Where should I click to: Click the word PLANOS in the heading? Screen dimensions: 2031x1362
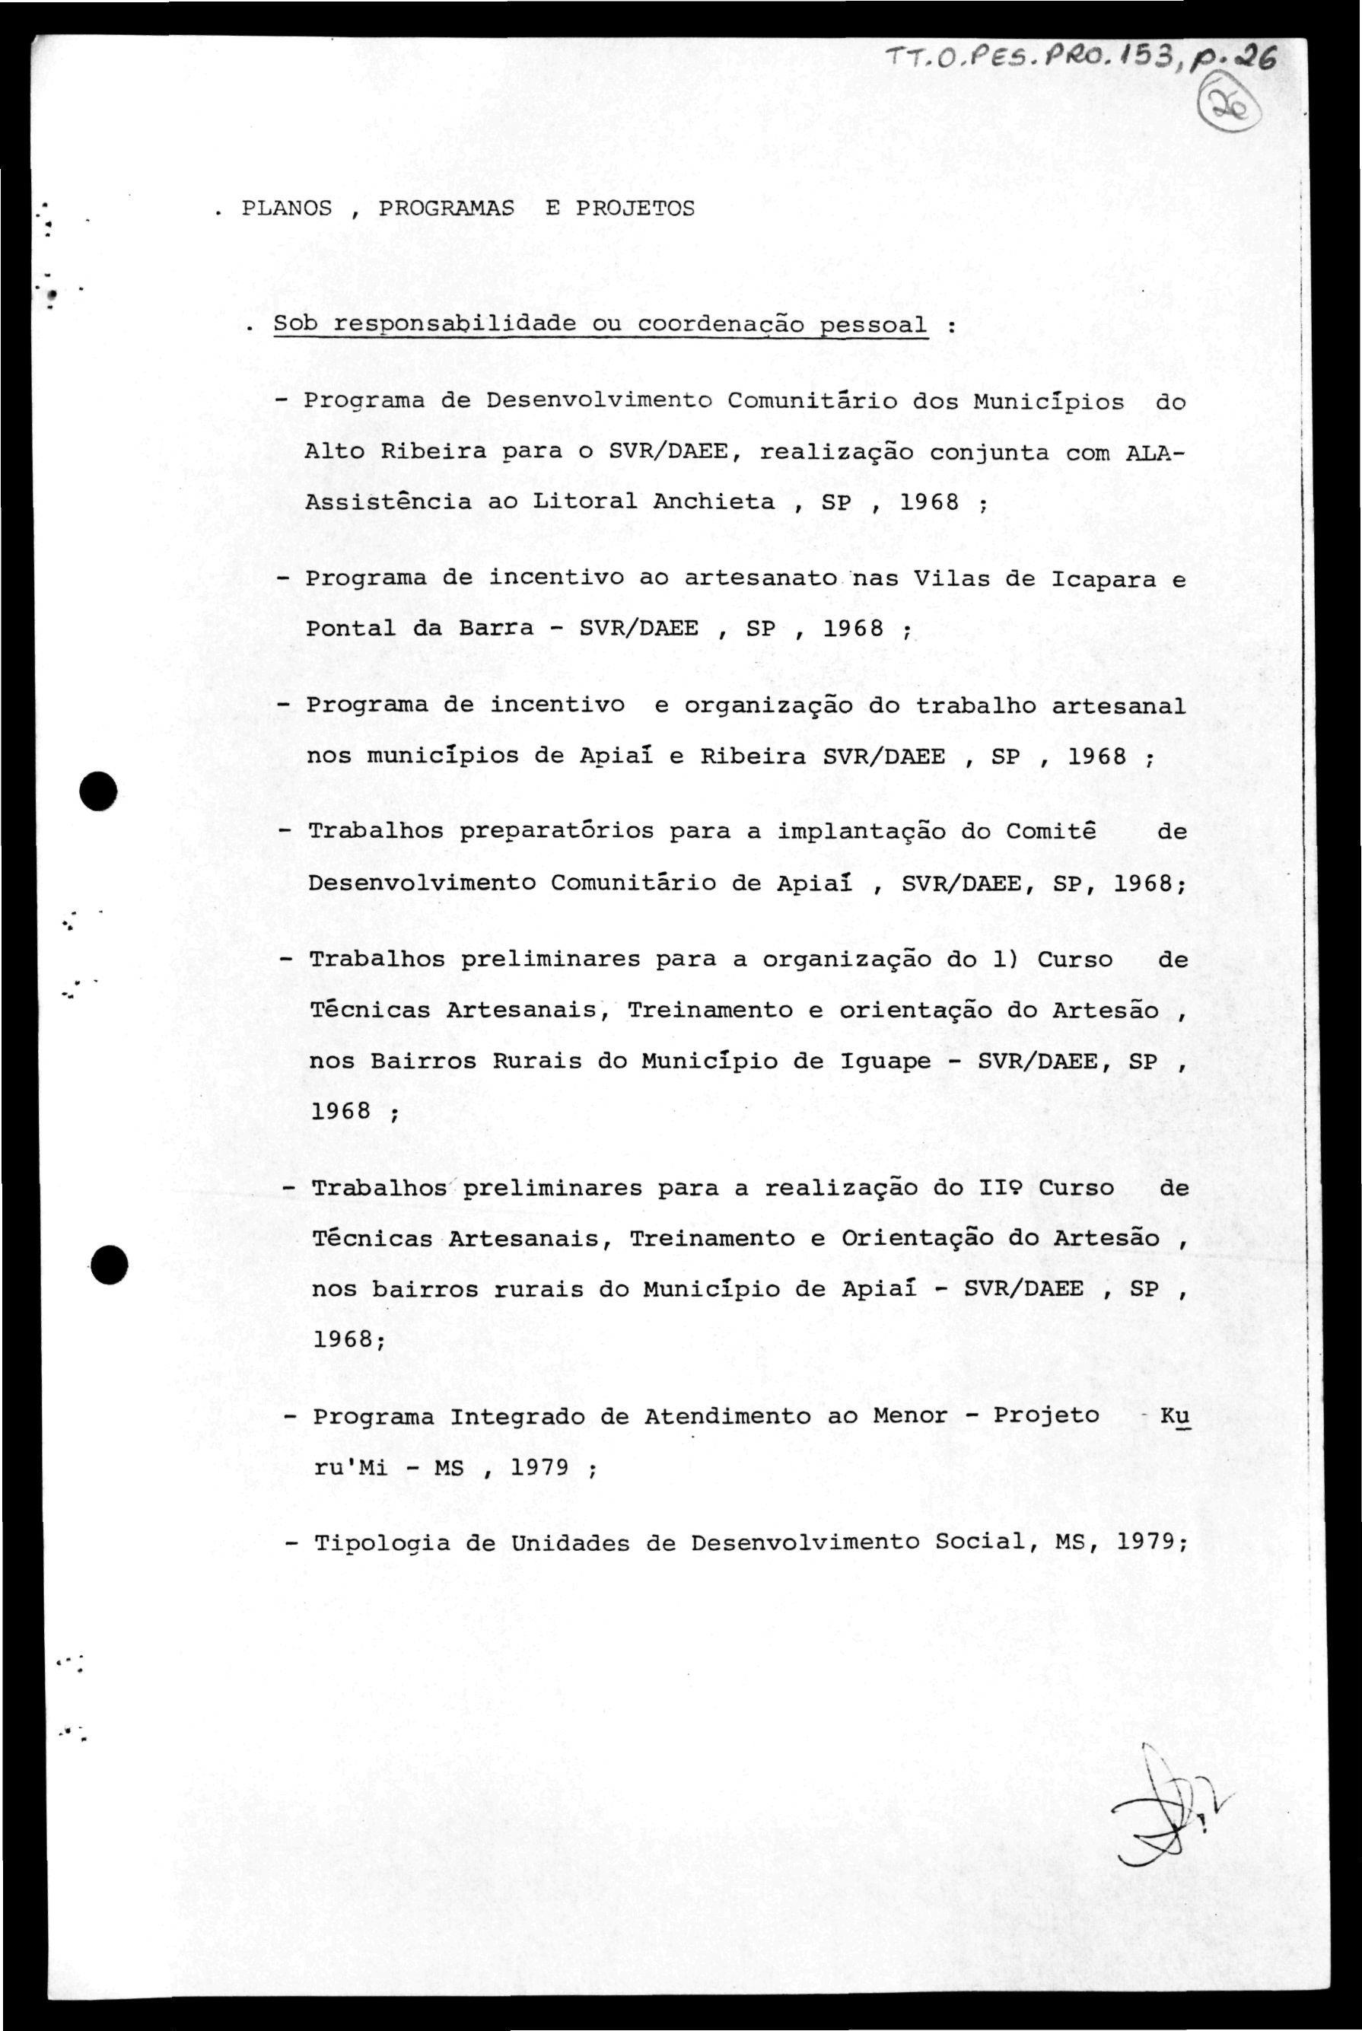click(x=287, y=209)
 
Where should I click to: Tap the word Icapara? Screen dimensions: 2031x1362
click(x=1105, y=579)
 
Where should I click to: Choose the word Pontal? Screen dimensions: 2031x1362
click(x=351, y=629)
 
